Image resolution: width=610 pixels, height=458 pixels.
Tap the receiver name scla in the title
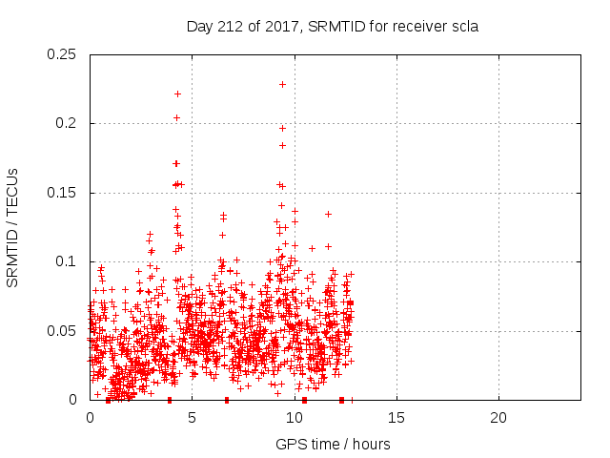tap(462, 27)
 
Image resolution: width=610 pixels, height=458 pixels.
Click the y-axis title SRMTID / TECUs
tap(13, 227)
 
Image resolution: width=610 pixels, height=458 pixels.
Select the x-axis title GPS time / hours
tap(333, 444)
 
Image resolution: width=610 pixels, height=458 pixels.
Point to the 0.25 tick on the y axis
tap(64, 54)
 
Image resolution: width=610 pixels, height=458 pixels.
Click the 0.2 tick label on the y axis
tap(68, 123)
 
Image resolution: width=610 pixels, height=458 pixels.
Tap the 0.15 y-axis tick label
tap(64, 193)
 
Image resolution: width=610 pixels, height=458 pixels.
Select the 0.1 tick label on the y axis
tap(68, 261)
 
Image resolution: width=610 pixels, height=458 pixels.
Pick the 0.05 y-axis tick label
tap(64, 331)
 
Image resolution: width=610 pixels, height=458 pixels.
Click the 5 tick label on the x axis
tap(192, 418)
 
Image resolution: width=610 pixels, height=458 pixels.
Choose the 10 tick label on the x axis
tap(294, 418)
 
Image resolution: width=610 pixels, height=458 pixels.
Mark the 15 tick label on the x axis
tap(396, 418)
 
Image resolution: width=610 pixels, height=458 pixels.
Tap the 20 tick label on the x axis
tap(498, 418)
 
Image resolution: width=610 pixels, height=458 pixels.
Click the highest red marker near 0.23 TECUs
tap(282, 84)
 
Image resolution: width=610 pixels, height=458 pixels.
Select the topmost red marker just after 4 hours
tap(177, 94)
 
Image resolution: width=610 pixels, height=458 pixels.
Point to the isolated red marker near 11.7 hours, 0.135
tap(328, 214)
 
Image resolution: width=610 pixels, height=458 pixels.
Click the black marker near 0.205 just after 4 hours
tap(176, 117)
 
